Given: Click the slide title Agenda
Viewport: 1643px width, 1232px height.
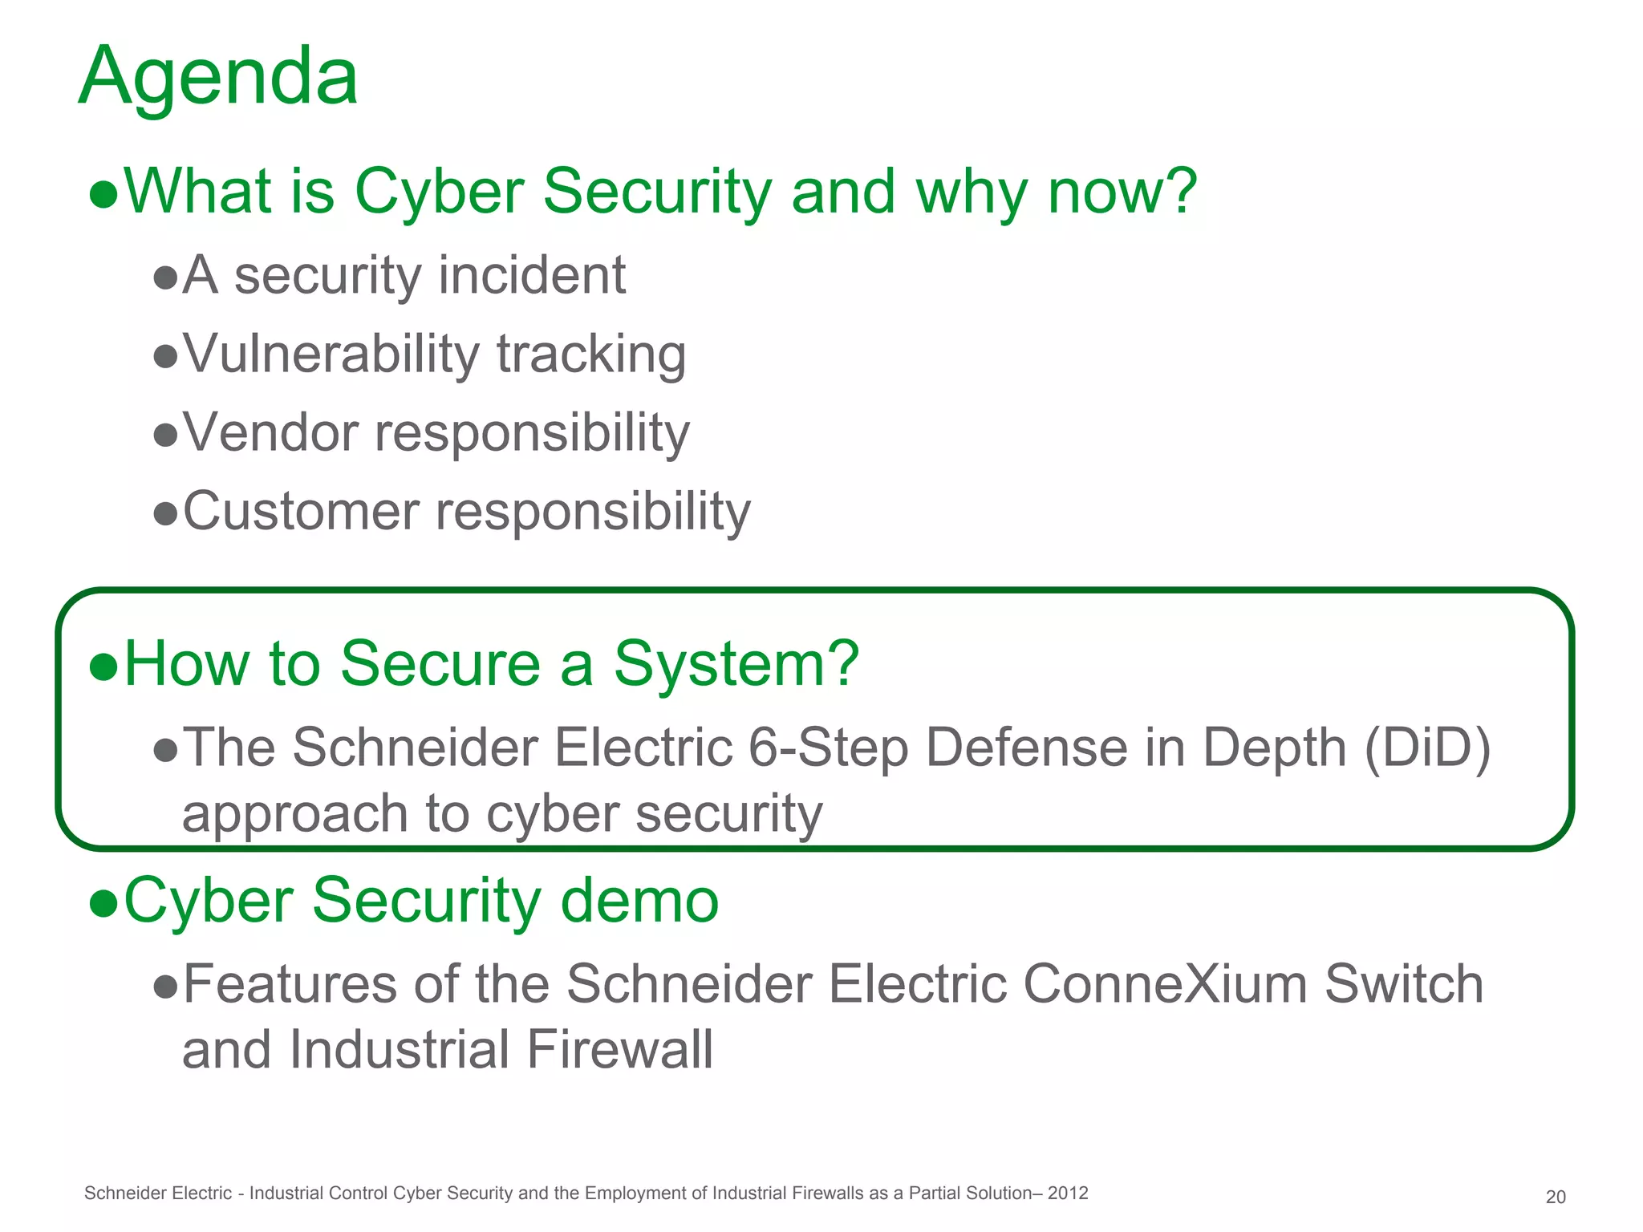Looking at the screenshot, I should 218,77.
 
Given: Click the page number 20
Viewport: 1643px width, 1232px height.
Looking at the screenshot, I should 1555,1197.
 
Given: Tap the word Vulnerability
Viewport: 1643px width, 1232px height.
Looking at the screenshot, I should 331,355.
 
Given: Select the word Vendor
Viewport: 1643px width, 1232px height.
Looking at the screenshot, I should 270,433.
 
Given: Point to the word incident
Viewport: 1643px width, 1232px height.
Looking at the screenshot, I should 532,276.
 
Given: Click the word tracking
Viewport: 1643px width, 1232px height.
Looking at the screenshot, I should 591,355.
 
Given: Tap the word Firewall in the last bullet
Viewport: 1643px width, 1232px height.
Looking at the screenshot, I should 619,1050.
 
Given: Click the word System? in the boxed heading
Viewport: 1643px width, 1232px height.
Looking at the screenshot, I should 736,665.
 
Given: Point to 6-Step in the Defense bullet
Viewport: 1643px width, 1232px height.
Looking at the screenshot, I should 828,748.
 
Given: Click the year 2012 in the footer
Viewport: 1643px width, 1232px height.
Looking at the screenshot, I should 1068,1193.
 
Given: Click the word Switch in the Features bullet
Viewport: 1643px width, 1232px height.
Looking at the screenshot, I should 1403,984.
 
